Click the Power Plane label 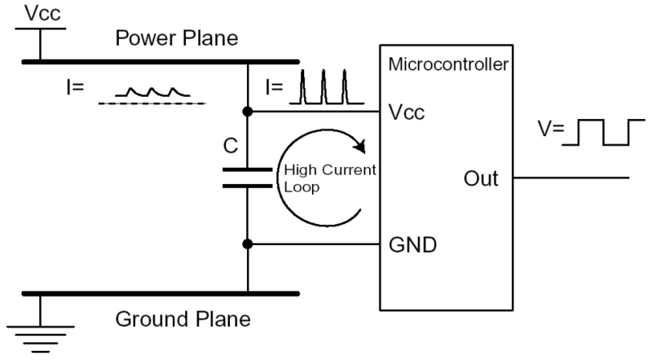click(177, 38)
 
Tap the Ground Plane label click(183, 319)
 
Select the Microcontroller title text click(448, 64)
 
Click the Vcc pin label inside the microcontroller click(407, 112)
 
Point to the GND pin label click(412, 245)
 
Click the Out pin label click(481, 178)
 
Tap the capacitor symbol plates click(248, 178)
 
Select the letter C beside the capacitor click(231, 146)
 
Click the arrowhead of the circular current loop click(359, 146)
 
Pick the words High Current click(330, 169)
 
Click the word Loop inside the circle click(302, 187)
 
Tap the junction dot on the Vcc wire click(248, 112)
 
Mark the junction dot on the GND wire click(248, 244)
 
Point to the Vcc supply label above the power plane click(42, 13)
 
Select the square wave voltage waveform click(603, 132)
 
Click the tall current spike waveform click(327, 87)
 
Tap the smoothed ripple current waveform click(152, 92)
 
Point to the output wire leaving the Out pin click(571, 178)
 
